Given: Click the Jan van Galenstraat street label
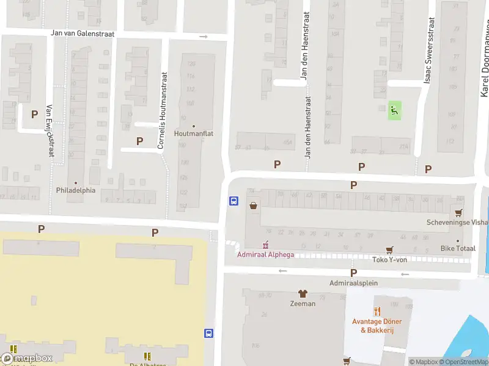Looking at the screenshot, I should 83,34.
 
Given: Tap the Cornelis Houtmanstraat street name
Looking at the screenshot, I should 162,112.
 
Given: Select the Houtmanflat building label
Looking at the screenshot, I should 194,134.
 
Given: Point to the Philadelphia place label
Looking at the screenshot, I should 76,190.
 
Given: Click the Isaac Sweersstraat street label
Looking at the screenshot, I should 430,51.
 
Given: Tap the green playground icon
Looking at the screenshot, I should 395,110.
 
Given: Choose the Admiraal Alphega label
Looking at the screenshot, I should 265,254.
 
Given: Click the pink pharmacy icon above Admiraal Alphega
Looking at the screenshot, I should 265,245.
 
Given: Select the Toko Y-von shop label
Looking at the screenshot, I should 389,259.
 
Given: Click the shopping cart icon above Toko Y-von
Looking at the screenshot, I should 389,250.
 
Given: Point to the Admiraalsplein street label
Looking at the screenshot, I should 353,283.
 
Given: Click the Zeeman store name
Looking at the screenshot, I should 303,303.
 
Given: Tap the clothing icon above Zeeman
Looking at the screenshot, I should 302,293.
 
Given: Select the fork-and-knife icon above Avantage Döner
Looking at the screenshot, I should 377,311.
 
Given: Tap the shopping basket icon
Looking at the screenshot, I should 253,206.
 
